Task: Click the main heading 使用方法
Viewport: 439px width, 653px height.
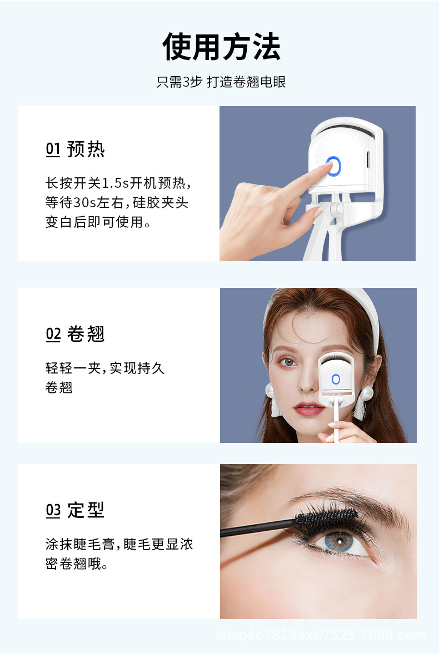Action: click(221, 47)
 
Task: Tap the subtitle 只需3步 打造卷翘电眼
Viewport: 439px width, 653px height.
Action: click(221, 82)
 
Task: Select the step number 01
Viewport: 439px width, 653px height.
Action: click(53, 149)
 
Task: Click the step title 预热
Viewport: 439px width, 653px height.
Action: click(86, 149)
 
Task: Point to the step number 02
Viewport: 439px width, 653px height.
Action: click(53, 334)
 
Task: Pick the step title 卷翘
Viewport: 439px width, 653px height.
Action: click(86, 334)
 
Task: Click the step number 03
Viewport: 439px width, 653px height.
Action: click(53, 510)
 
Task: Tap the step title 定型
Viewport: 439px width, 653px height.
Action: click(86, 510)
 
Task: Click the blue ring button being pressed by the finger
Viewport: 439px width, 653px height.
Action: click(333, 166)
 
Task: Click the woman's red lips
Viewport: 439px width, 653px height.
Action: click(310, 410)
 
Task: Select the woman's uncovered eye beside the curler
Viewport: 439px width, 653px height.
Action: click(288, 362)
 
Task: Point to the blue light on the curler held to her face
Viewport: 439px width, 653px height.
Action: click(336, 379)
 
